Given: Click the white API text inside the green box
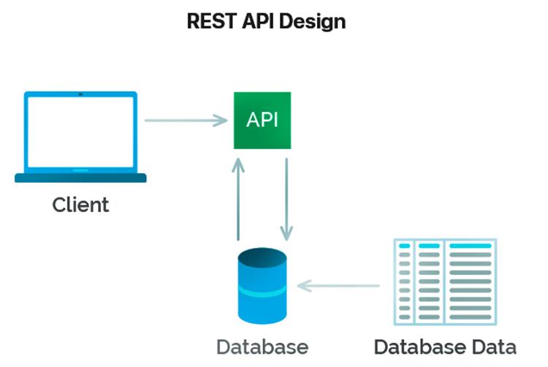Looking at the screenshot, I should (262, 120).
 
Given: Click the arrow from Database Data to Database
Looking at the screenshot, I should (340, 285).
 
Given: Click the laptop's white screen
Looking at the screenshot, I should (80, 132).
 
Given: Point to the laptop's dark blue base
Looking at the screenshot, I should (80, 178).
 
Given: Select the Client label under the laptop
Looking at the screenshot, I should (80, 205).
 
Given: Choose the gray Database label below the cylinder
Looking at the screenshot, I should (262, 346).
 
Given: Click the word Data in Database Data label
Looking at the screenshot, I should (491, 346).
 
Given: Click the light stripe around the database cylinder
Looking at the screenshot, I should (262, 292).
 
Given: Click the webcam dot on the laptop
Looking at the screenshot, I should (80, 95).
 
